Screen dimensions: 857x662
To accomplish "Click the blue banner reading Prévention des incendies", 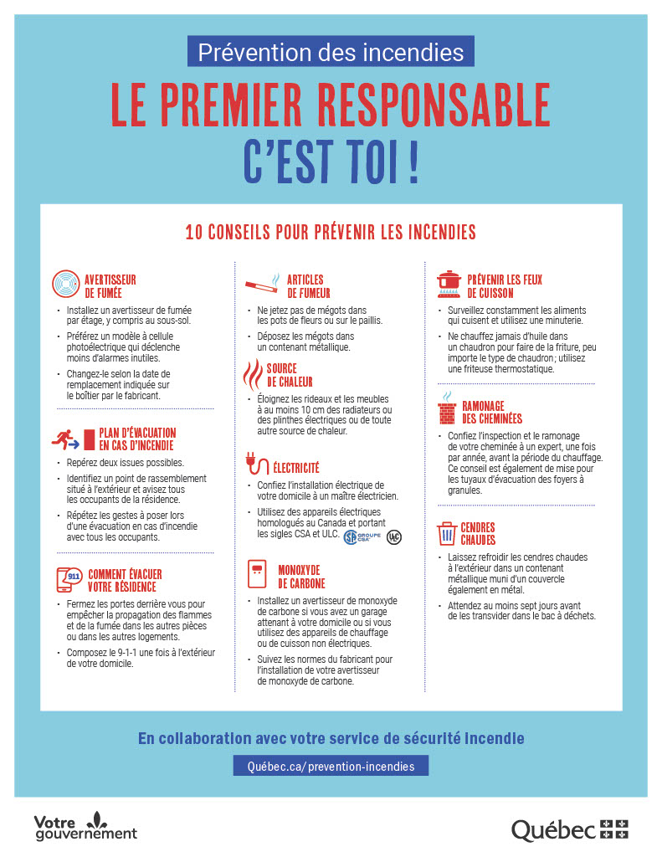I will coord(331,53).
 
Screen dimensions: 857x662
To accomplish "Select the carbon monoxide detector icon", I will coord(256,575).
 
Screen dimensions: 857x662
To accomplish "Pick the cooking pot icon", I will coord(449,285).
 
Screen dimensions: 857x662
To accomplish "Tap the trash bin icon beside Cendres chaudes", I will coord(446,533).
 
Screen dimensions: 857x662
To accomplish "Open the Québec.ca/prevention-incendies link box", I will coord(331,765).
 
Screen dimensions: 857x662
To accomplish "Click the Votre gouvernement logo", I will coord(85,827).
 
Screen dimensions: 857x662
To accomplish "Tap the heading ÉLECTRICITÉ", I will coord(296,467).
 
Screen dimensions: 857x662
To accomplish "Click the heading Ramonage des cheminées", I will coord(492,412).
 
